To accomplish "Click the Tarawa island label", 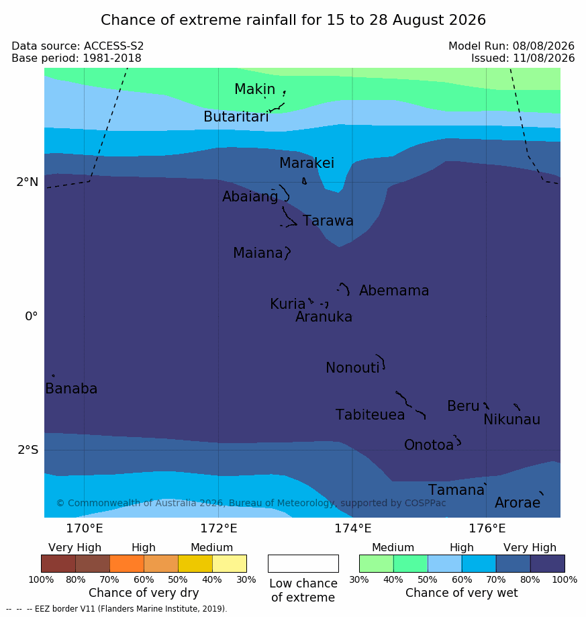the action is (328, 221).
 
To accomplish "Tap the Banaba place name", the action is (71, 388).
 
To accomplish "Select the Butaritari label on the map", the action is (236, 116).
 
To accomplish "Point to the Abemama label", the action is (394, 291).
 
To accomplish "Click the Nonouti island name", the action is (352, 367).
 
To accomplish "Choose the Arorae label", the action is (518, 502).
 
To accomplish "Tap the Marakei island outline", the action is (304, 181).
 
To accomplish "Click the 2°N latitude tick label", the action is (28, 182).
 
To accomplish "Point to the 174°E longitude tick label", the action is (353, 528).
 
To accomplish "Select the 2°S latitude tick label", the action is (28, 450).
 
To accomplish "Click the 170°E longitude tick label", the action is (85, 528).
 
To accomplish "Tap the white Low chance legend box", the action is (303, 563).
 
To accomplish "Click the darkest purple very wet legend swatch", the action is (548, 563).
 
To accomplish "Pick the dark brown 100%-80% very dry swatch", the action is (58, 563).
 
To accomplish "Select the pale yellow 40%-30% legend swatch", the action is (230, 563).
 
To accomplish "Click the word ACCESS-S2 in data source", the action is (113, 46).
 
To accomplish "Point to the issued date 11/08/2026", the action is (544, 58).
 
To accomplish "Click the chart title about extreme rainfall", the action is (293, 19).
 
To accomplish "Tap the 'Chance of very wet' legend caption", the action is (462, 593).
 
